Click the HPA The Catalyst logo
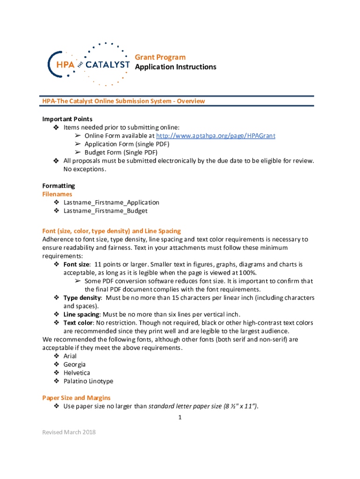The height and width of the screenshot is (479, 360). [x=89, y=64]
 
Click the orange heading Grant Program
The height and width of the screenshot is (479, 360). [x=160, y=57]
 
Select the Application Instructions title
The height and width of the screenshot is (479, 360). [x=175, y=67]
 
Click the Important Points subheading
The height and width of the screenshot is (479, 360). [x=67, y=119]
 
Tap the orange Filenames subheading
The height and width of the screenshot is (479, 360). [x=57, y=194]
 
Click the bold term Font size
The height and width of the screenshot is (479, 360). [x=77, y=264]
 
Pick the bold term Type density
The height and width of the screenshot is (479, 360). [x=82, y=298]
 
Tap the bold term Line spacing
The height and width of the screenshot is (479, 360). [x=81, y=314]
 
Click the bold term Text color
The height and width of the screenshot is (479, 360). [x=78, y=323]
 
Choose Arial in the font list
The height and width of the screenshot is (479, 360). [x=70, y=356]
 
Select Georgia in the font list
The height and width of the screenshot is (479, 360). [x=74, y=364]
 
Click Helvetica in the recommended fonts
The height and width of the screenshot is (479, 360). [x=76, y=373]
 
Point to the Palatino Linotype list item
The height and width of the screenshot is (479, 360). [x=88, y=381]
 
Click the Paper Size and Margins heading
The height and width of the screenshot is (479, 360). [x=76, y=398]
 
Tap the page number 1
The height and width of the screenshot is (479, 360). [x=180, y=418]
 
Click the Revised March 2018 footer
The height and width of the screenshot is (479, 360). [x=69, y=432]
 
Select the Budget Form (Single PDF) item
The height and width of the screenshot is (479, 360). [x=121, y=152]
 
